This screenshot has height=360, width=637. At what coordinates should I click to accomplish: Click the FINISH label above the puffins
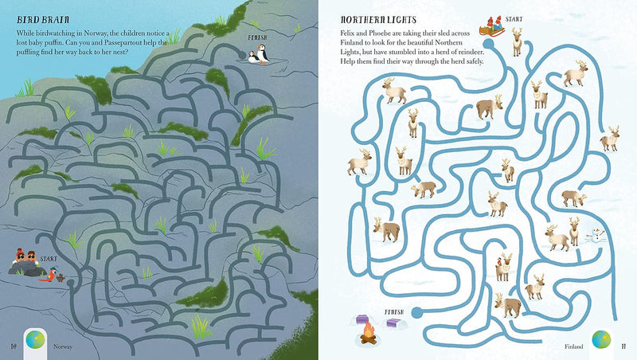pos(257,37)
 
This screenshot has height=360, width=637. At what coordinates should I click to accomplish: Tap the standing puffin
pos(252,56)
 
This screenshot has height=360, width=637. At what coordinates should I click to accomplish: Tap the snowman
pos(595,235)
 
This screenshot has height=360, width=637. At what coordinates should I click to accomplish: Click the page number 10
pos(12,345)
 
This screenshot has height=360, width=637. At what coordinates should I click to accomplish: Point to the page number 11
pos(624,345)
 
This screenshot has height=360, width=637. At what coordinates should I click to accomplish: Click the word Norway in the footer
pos(62,346)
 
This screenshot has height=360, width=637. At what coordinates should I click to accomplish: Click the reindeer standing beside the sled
pos(517,40)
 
